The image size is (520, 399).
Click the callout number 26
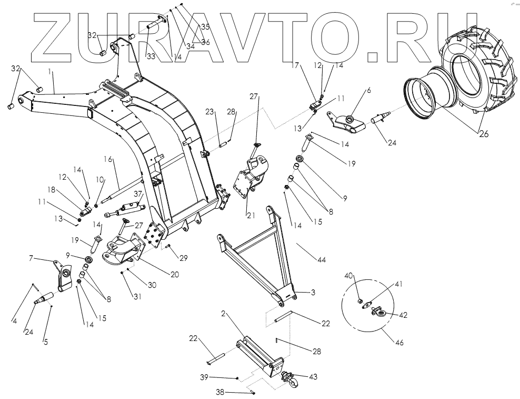[x=484, y=134]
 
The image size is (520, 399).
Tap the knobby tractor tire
[x=476, y=74]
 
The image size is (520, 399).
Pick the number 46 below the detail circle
[x=400, y=343]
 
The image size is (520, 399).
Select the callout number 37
[x=137, y=194]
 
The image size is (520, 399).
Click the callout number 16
[x=108, y=158]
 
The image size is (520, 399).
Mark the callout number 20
[x=175, y=274]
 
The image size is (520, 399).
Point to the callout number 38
[x=221, y=392]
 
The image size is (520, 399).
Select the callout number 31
[x=137, y=296]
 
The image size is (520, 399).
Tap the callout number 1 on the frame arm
[x=52, y=71]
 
